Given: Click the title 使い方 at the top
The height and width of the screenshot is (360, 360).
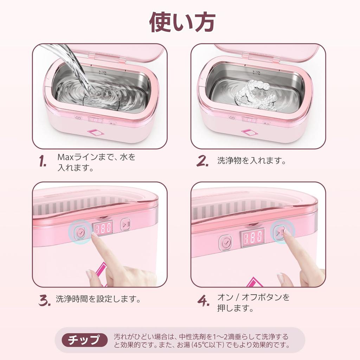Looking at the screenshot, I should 182,22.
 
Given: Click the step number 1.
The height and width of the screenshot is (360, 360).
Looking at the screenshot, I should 43,162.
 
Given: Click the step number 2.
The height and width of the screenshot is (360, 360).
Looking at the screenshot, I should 202,161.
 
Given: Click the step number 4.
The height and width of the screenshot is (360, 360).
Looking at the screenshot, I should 203,301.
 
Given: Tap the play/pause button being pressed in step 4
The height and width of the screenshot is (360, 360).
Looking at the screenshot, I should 280,232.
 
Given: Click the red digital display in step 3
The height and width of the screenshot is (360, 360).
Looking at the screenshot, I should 103,228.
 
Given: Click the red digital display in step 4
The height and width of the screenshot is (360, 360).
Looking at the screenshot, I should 252,237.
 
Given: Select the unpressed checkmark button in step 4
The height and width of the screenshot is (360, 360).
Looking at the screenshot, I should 225,243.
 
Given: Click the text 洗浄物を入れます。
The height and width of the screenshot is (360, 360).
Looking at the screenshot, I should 252,161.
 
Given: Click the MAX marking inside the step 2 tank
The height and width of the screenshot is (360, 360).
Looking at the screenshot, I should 256,70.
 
